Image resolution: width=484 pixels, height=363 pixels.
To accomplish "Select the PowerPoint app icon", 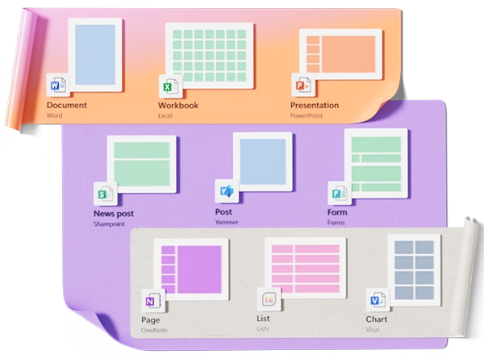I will point(302,86).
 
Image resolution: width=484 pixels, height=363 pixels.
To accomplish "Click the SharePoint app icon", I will point(105,194).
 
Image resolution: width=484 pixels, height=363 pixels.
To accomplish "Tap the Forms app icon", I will point(338,194).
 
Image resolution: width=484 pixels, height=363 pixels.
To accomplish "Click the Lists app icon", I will point(266,300).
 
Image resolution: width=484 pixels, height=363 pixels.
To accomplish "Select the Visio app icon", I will point(377,300).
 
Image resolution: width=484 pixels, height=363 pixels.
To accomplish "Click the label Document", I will point(67,106).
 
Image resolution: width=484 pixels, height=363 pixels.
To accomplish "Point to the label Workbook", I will point(178,106).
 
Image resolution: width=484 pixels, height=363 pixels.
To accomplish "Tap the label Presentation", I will point(315,106).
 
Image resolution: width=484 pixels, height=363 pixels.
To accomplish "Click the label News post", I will point(114,214).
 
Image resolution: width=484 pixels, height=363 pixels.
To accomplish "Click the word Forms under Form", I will point(336,222).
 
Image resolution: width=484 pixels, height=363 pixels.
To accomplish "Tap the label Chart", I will point(376,319).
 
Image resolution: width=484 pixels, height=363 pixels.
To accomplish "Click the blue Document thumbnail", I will point(95,54).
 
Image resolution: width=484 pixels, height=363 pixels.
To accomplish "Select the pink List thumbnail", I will point(305,267).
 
